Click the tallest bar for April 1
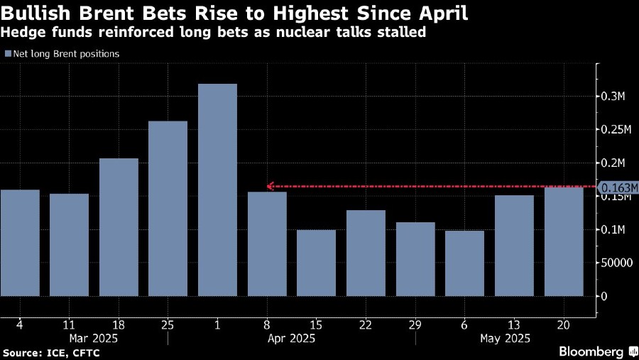217,190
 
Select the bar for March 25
168,208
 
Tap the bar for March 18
119,227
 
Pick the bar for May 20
564,241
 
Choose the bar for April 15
316,263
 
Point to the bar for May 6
464,263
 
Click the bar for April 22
366,253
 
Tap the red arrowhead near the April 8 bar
271,187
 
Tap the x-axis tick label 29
415,324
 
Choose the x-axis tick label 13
514,324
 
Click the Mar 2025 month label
94,338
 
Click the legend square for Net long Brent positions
7,54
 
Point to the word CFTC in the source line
87,353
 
